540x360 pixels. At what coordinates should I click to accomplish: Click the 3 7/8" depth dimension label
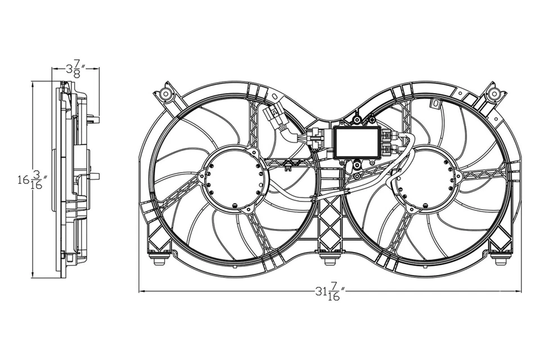coord(75,70)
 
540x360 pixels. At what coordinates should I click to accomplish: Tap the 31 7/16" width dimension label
coord(330,291)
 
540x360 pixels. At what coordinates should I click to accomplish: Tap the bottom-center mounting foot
coord(330,259)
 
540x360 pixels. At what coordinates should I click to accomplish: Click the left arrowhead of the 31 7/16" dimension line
coord(141,291)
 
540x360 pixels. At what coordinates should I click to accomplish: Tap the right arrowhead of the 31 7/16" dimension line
coord(519,291)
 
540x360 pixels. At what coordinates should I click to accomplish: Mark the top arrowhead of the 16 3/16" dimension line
coord(33,84)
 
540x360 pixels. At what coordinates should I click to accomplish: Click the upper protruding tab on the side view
coord(94,119)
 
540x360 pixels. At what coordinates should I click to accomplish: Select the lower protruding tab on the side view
coord(94,176)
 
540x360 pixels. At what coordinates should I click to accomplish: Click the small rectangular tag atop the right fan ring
coord(434,103)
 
